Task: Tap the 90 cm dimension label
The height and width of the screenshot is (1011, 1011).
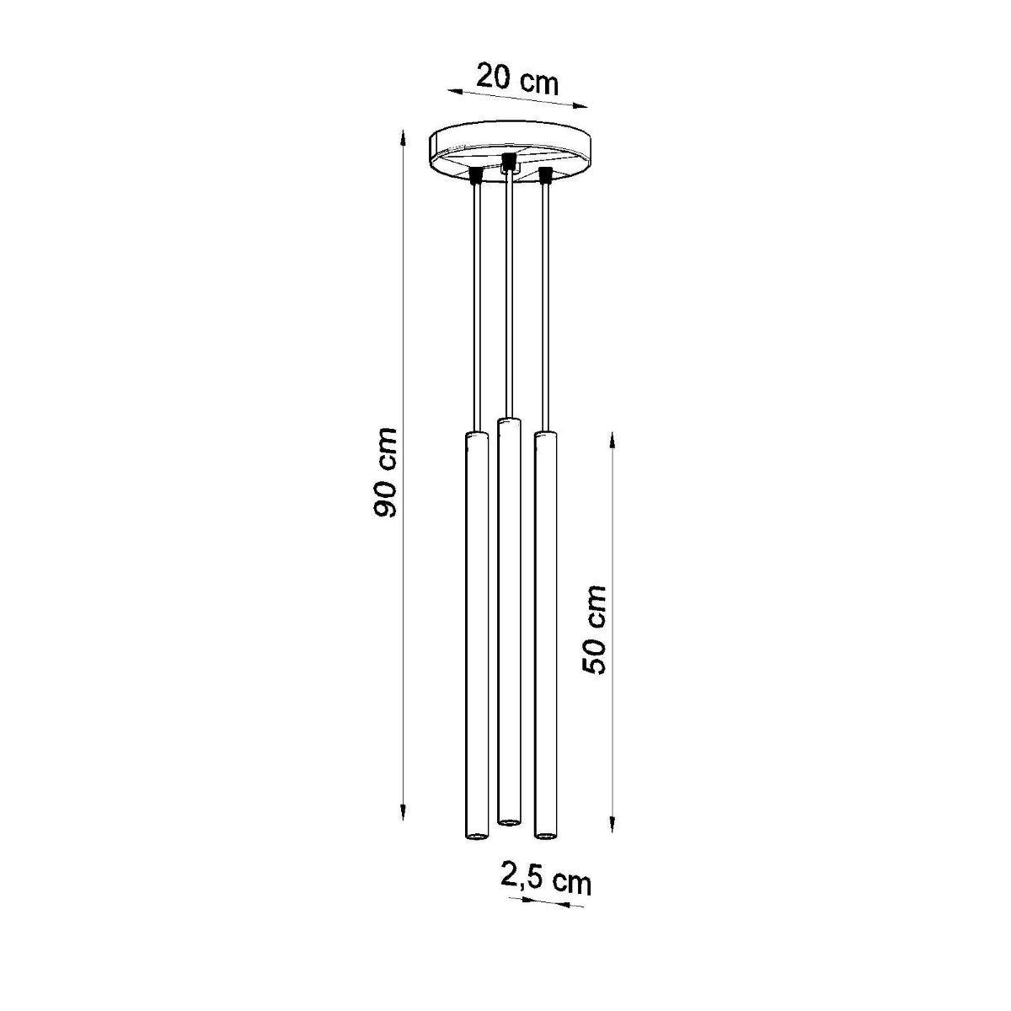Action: pyautogui.click(x=387, y=473)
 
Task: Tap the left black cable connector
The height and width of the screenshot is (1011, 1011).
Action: pyautogui.click(x=476, y=174)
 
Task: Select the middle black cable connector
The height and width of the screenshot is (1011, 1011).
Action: pyautogui.click(x=508, y=159)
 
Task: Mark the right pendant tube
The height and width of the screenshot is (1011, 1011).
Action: pyautogui.click(x=546, y=632)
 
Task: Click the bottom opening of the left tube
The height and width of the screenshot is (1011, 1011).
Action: pyautogui.click(x=476, y=836)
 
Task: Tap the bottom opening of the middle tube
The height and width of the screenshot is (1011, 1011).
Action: pyautogui.click(x=508, y=820)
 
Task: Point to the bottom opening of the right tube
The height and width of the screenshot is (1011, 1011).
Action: pyautogui.click(x=546, y=836)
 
